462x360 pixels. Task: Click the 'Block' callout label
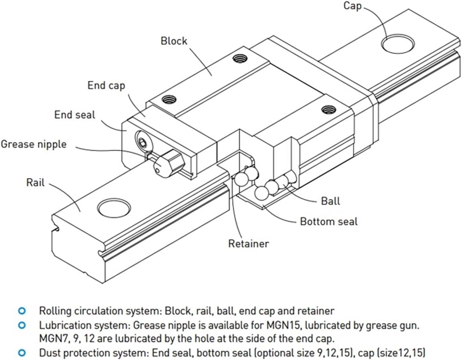coord(174,41)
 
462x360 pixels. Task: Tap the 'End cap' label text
coord(106,86)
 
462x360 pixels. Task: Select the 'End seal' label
coord(74,115)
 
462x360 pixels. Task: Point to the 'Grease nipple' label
coord(33,144)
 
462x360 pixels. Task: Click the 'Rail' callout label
coord(35,182)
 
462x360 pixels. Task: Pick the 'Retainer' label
coord(248,244)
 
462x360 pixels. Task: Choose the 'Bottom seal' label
coord(328,222)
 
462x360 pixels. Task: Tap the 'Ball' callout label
coord(330,201)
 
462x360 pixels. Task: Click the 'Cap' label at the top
coord(352,6)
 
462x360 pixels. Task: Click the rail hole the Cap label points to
coord(397,43)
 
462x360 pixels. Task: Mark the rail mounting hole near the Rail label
coord(114,208)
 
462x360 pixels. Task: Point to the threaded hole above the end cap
coord(169,98)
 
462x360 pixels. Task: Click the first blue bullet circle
coord(22,310)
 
